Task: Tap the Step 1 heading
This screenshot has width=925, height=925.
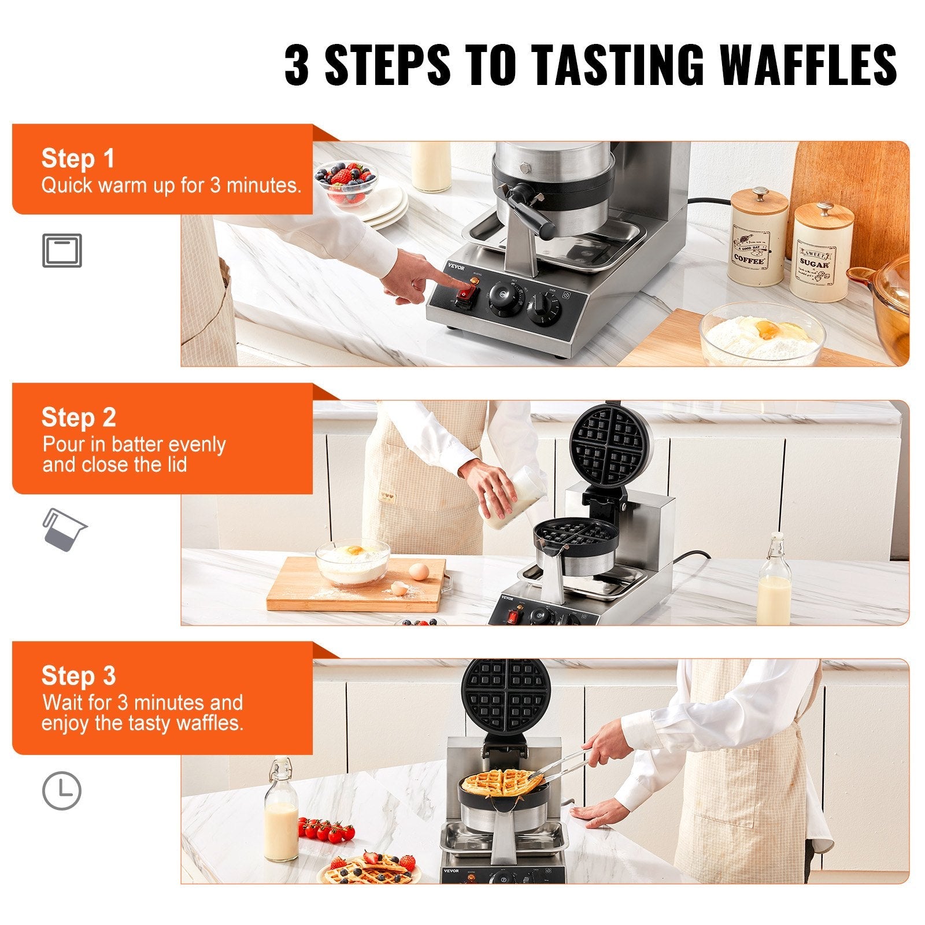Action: click(x=78, y=158)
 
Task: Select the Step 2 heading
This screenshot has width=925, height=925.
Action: click(x=79, y=417)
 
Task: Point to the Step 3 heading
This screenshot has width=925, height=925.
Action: click(x=79, y=675)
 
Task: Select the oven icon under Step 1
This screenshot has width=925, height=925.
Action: click(x=62, y=250)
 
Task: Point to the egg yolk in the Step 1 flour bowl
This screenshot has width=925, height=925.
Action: click(x=769, y=330)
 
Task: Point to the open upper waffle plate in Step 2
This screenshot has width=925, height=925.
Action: click(x=612, y=445)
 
